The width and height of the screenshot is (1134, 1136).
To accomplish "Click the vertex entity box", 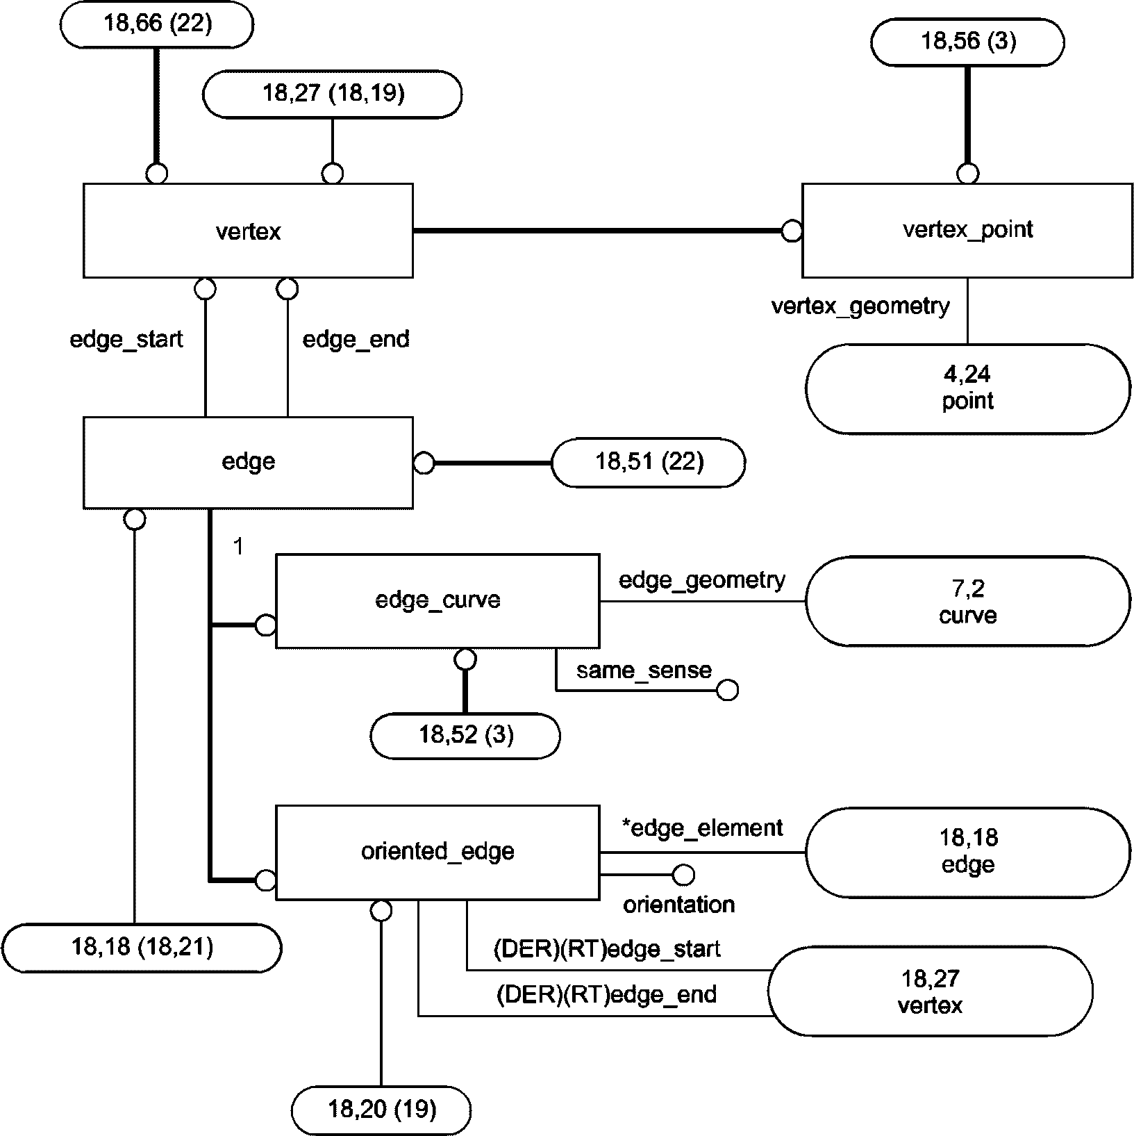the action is tap(248, 231).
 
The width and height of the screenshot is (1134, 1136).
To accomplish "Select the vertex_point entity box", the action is tap(967, 230).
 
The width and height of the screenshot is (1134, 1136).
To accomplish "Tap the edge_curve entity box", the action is tap(437, 601).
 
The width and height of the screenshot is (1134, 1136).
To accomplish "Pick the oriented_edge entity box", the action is tap(437, 853).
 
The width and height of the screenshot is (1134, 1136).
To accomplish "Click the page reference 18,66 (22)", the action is tap(157, 24).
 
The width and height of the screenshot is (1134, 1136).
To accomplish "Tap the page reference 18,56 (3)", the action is tap(967, 42).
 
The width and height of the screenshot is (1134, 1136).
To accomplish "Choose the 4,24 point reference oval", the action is tap(968, 388).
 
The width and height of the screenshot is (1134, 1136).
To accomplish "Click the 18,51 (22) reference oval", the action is tap(649, 462).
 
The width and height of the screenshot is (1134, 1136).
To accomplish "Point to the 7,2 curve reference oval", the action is tap(968, 602).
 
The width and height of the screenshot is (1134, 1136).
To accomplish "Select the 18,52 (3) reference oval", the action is tap(465, 735).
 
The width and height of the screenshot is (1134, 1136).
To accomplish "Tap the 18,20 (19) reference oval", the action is tap(381, 1110).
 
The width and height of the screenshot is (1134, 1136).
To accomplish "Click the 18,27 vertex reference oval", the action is tap(931, 991).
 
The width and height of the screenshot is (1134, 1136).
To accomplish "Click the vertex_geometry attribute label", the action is tap(860, 306).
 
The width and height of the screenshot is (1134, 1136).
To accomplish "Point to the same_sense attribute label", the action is tap(644, 670).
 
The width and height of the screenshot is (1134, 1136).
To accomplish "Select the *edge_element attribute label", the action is tap(701, 828).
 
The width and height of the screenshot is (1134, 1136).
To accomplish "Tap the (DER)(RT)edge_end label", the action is tap(606, 995).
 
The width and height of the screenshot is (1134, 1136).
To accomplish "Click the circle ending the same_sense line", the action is tap(727, 691).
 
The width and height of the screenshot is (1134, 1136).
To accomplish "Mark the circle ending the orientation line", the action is tap(683, 875).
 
